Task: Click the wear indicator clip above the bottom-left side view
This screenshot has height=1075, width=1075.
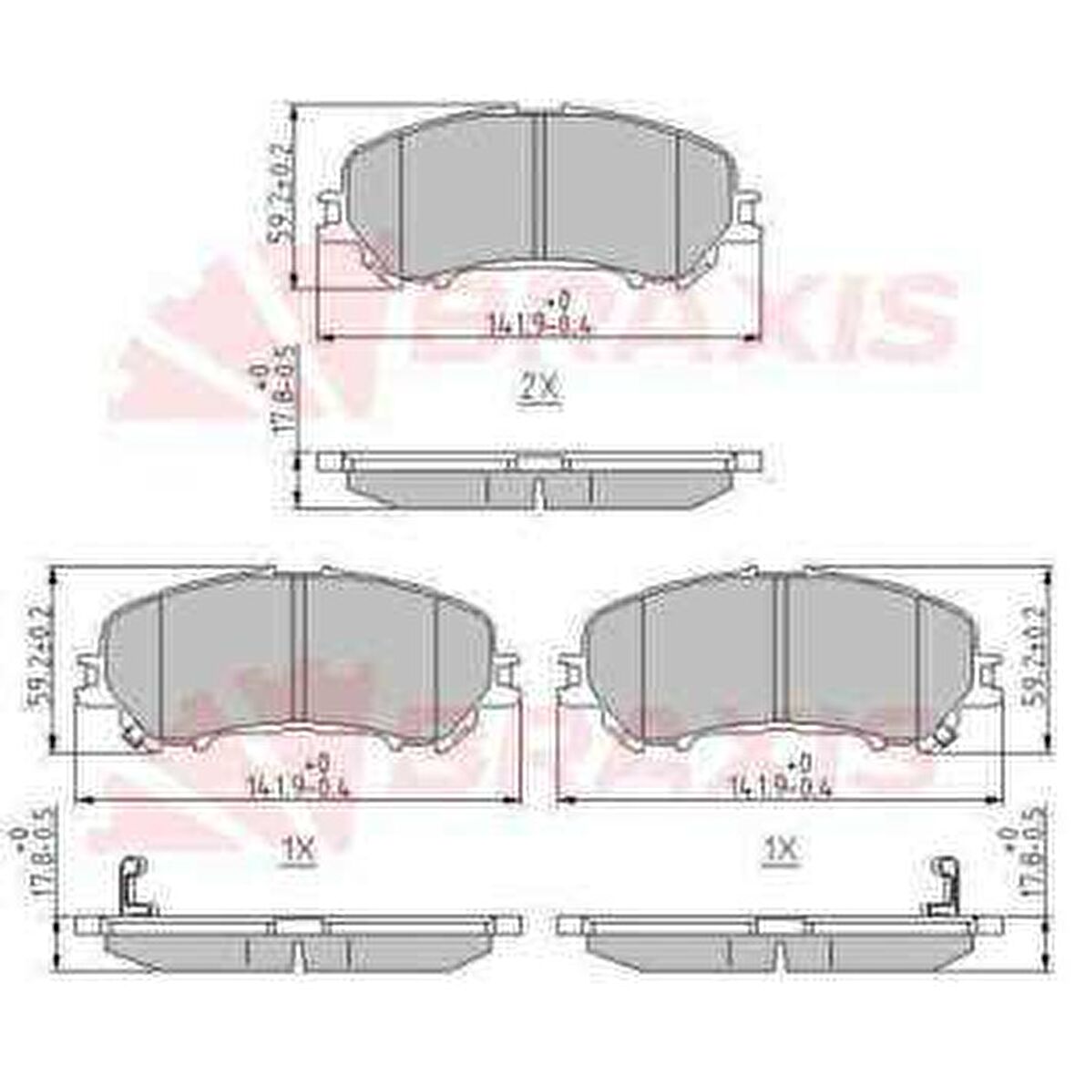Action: tap(133, 887)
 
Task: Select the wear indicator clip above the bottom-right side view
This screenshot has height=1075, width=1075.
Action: tap(942, 887)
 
